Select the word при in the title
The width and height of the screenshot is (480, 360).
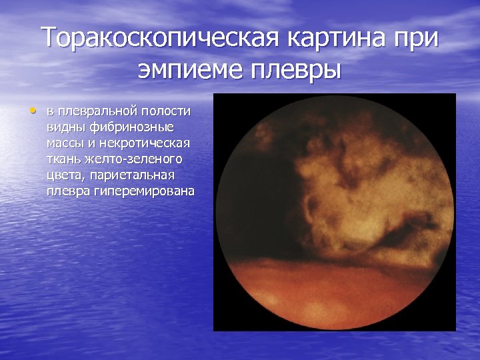coord(415,37)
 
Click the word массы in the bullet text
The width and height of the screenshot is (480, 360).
coord(66,143)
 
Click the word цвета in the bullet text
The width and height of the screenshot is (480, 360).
coord(63,175)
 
